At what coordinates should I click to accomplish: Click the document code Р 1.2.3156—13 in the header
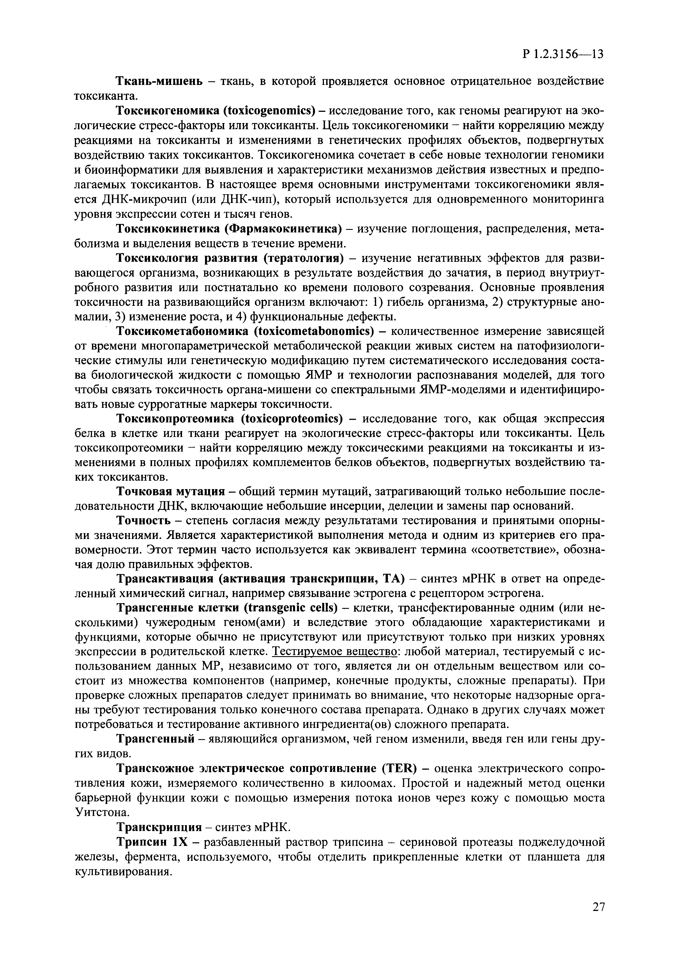pos(563,54)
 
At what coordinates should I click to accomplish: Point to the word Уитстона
pos(98,812)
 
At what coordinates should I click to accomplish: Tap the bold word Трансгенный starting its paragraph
pos(155,739)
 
